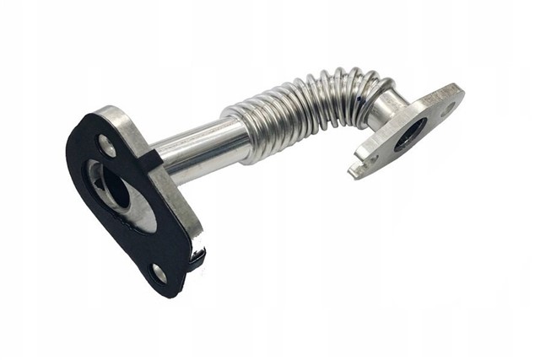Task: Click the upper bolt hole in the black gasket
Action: point(107,145)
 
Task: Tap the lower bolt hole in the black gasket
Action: point(159,271)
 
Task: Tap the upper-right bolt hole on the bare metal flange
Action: point(450,106)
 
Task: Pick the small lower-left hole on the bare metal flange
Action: point(373,158)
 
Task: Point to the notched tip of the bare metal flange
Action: point(354,171)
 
